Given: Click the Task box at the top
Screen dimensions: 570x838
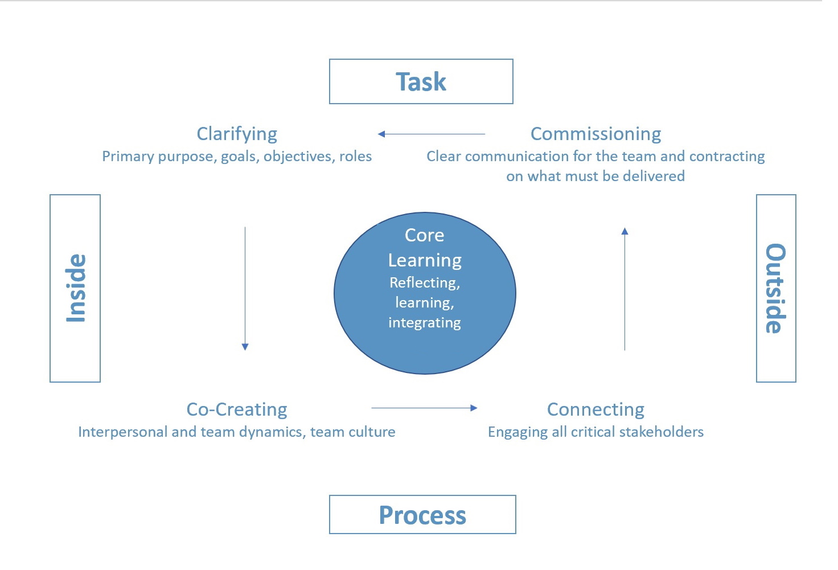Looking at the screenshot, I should click(x=421, y=81).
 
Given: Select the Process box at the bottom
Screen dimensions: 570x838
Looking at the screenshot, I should click(x=422, y=515).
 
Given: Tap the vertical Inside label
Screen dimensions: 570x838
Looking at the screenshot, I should click(x=76, y=288).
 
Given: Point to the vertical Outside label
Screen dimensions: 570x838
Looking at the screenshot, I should click(x=775, y=288).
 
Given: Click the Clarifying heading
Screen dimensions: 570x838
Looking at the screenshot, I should click(x=237, y=134).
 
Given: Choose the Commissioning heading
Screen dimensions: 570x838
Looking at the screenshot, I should click(x=595, y=134).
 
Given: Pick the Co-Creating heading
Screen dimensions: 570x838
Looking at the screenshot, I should click(x=237, y=409).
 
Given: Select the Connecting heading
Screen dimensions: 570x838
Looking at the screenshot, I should click(x=595, y=409).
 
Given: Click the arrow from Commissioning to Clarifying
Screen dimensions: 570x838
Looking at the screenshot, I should click(x=432, y=134).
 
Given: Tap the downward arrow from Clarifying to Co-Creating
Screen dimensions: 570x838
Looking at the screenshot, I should click(x=245, y=288).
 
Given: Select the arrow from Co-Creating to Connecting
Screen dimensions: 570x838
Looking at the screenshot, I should click(x=424, y=408).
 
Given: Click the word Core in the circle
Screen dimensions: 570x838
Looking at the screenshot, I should click(x=425, y=235).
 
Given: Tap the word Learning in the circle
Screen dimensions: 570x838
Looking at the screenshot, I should click(x=425, y=260).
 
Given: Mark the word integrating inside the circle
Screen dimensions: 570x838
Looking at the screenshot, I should click(x=425, y=323).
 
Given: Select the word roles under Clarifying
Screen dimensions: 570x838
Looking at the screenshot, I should click(x=355, y=156).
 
